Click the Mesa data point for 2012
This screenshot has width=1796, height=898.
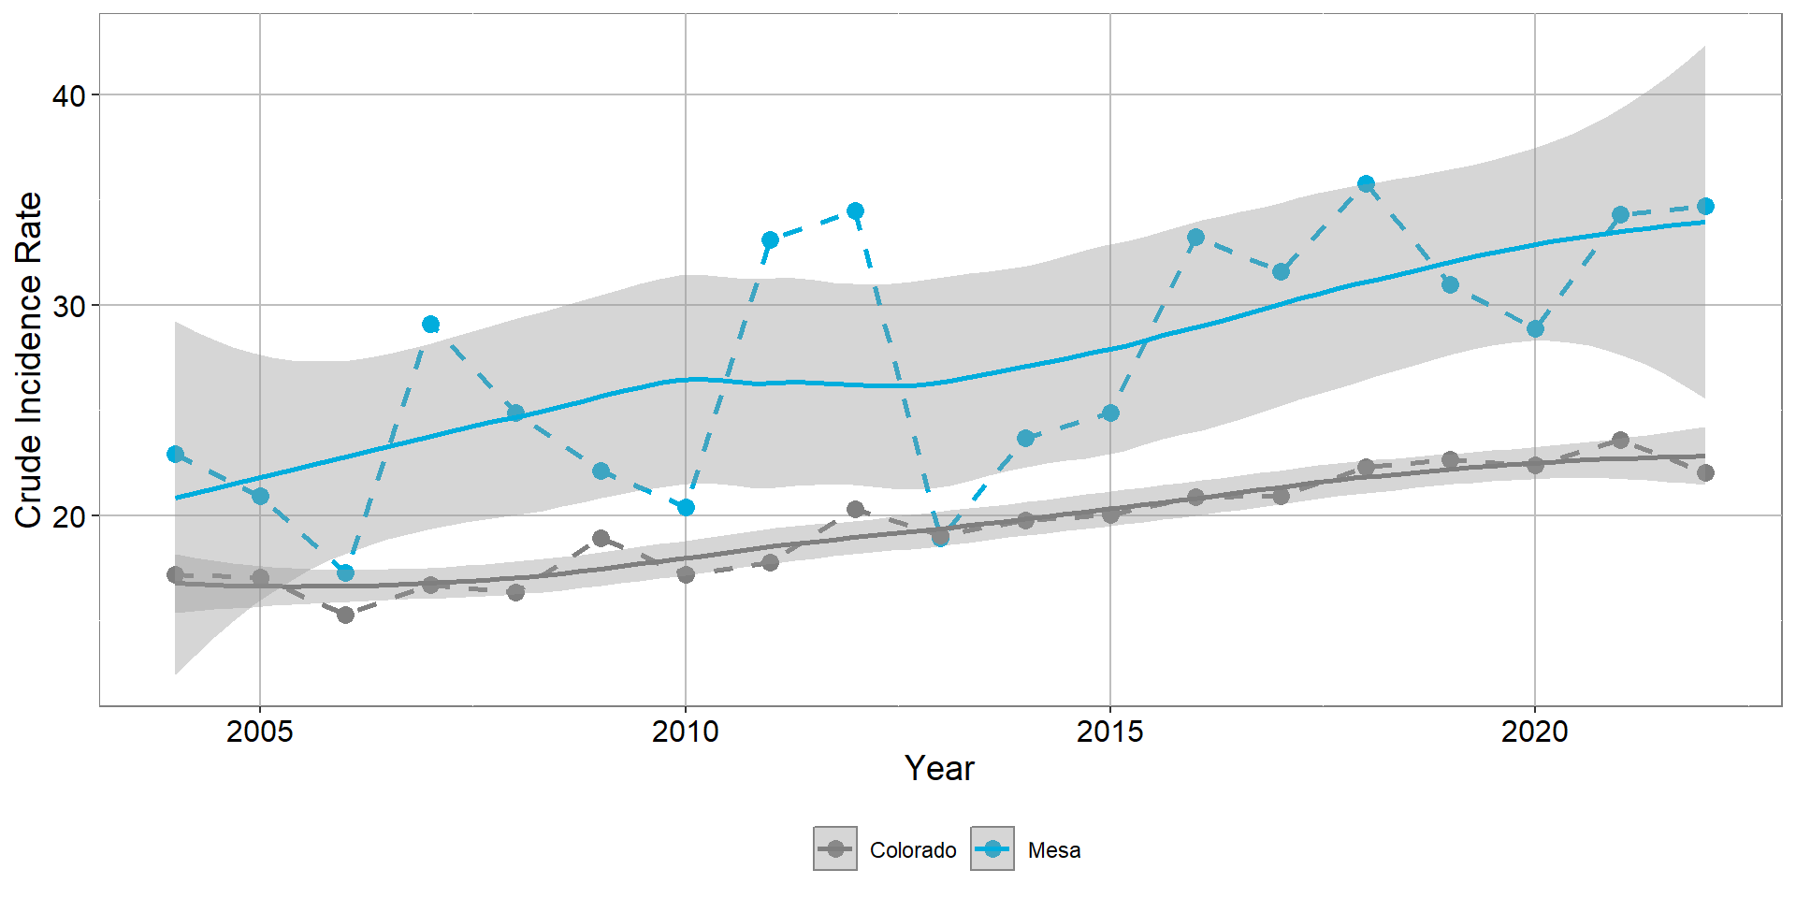[855, 211]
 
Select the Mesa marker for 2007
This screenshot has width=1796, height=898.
[430, 325]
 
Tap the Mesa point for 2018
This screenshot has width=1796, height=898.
[1366, 183]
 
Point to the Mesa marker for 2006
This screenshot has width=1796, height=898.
[345, 572]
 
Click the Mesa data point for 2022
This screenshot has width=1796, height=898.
[1705, 207]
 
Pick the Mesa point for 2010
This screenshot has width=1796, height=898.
[686, 507]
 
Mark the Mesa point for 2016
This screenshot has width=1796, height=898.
[1195, 238]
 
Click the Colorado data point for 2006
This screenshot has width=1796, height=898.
[345, 615]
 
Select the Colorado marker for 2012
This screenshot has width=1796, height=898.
[855, 509]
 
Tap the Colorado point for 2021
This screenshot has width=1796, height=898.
[1620, 440]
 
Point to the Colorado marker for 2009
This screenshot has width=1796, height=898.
[601, 538]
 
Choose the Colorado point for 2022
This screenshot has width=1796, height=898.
[1705, 472]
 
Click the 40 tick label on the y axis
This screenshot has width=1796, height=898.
[68, 95]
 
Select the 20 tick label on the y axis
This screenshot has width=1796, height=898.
[68, 516]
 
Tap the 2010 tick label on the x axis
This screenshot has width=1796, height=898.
[686, 731]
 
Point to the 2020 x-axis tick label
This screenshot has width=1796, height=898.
[1535, 731]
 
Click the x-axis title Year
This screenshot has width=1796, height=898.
[939, 769]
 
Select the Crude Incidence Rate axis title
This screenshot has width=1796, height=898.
[29, 360]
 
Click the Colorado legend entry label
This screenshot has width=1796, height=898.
[913, 850]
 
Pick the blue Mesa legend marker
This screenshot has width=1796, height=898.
[992, 849]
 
